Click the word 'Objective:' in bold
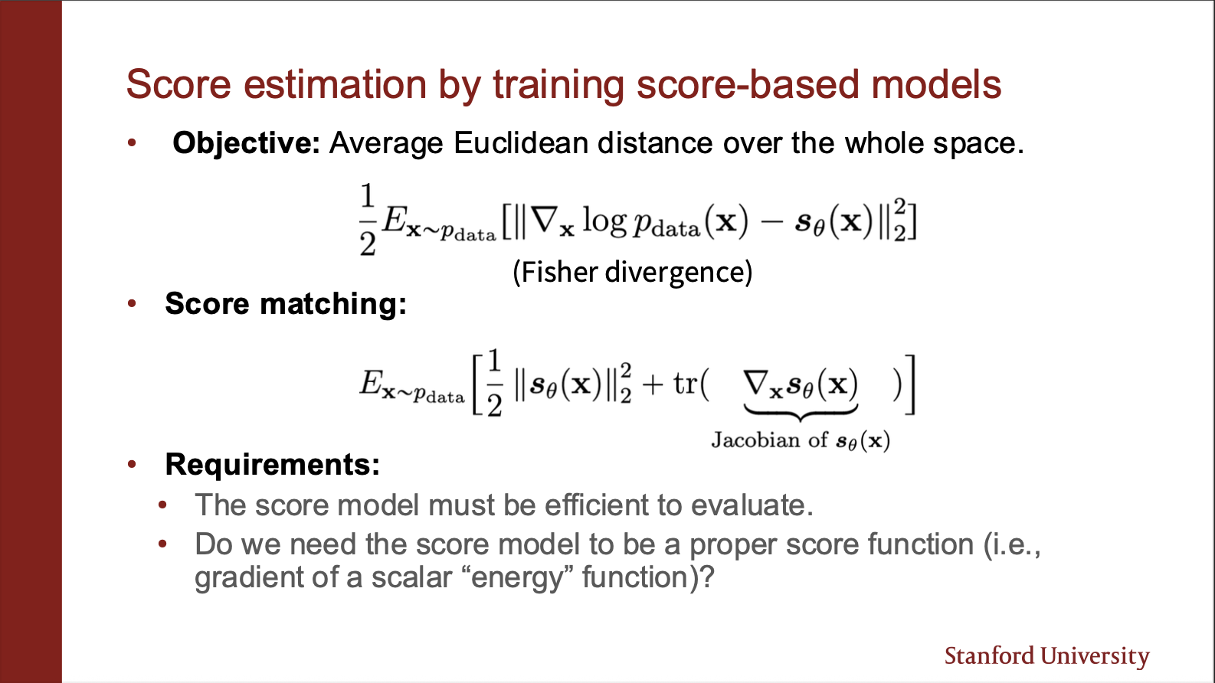(x=246, y=144)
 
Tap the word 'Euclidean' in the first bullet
(x=521, y=143)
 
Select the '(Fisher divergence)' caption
(x=633, y=272)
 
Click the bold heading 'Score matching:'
(x=286, y=303)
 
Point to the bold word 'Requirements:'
(x=272, y=465)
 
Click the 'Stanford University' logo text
(x=1047, y=656)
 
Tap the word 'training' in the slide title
(x=558, y=86)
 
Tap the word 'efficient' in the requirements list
(x=596, y=505)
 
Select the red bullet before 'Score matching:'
(x=132, y=303)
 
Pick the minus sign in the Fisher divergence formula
(x=771, y=222)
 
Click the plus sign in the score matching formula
(x=652, y=384)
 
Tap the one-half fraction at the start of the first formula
(x=368, y=220)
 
